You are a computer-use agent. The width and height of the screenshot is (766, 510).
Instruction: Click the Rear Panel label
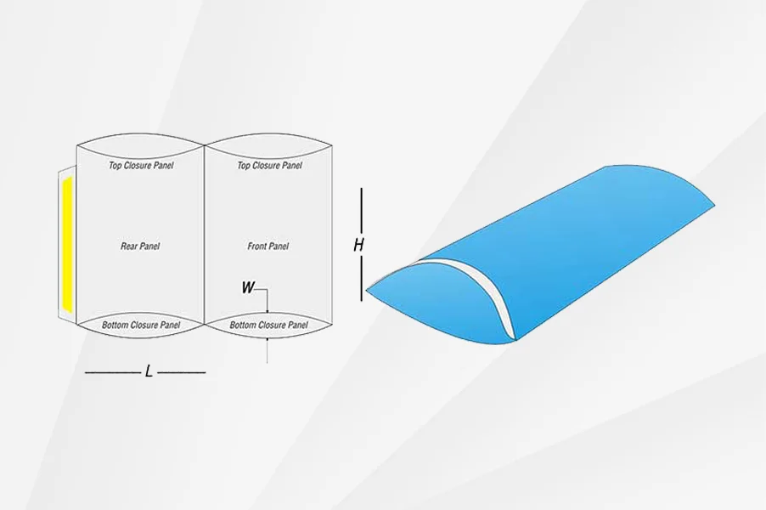tap(140, 246)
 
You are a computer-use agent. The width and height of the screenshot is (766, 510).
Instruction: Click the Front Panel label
tap(268, 246)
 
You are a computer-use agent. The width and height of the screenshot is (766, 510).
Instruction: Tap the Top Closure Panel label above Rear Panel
tap(141, 165)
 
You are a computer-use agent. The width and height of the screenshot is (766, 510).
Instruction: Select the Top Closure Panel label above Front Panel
tap(270, 165)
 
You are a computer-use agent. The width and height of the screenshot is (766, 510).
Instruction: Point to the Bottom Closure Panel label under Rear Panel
tap(141, 325)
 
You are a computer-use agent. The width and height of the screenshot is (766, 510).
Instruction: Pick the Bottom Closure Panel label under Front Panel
tap(268, 325)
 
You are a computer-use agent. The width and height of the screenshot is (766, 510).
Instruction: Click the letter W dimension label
tap(248, 287)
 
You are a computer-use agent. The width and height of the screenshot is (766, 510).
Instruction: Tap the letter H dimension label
tap(358, 245)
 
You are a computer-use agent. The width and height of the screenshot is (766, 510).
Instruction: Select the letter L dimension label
tap(149, 371)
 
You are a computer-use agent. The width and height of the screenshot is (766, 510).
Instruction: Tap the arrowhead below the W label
tap(268, 310)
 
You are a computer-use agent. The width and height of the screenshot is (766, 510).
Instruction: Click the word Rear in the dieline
tap(129, 246)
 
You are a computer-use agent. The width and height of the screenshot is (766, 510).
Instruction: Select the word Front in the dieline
tap(257, 246)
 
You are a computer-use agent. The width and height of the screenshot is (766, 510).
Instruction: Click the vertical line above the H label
tap(362, 210)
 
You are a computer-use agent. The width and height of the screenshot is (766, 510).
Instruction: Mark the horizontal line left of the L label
tap(113, 372)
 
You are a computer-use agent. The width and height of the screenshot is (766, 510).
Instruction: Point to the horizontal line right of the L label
tap(181, 372)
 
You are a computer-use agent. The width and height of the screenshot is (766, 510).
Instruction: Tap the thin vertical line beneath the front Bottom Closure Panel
tap(268, 350)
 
